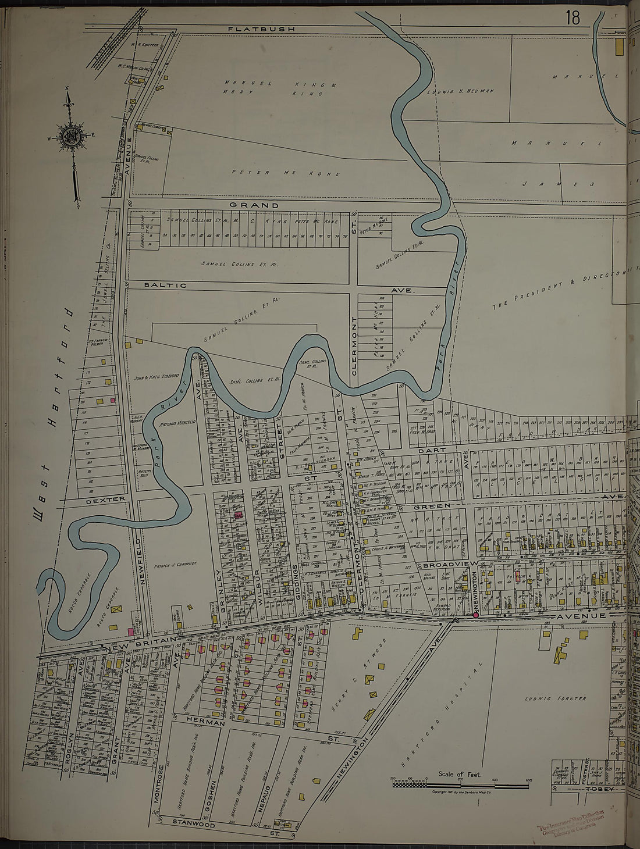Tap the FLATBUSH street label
coord(261,28)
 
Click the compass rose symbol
coord(72,137)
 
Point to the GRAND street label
coord(254,205)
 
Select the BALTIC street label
coord(166,285)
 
